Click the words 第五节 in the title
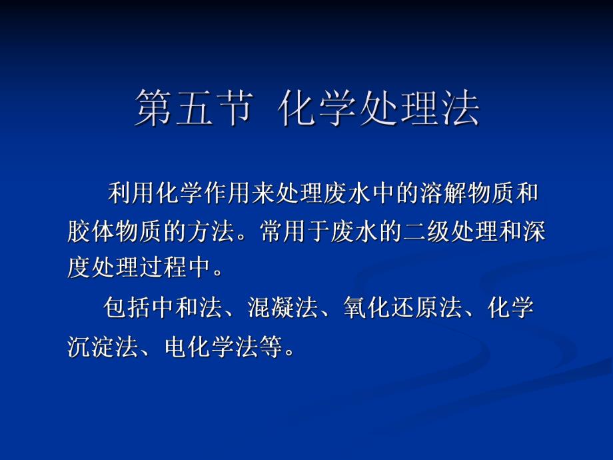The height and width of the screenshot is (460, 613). point(193,108)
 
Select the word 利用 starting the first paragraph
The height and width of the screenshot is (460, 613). point(131,195)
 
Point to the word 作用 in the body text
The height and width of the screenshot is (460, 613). point(228,195)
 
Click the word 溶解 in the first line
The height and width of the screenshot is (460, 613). point(444,195)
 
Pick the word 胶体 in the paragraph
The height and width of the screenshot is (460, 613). point(91,231)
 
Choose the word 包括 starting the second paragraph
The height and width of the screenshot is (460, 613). point(127,309)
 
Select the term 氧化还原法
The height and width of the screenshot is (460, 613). point(403,309)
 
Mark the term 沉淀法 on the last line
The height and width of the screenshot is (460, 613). point(103,347)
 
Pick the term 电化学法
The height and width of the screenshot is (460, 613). point(211,347)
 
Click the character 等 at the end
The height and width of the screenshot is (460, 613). point(271,347)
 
